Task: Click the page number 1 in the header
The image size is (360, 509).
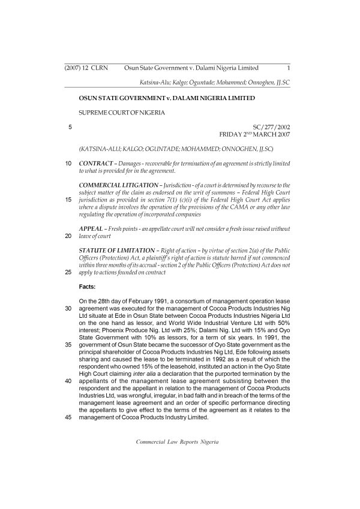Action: click(289, 68)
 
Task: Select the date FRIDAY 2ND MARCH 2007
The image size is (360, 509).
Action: click(256, 135)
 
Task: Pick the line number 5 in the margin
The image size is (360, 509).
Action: click(70, 127)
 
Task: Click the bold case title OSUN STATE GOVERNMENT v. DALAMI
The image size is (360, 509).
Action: click(167, 97)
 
